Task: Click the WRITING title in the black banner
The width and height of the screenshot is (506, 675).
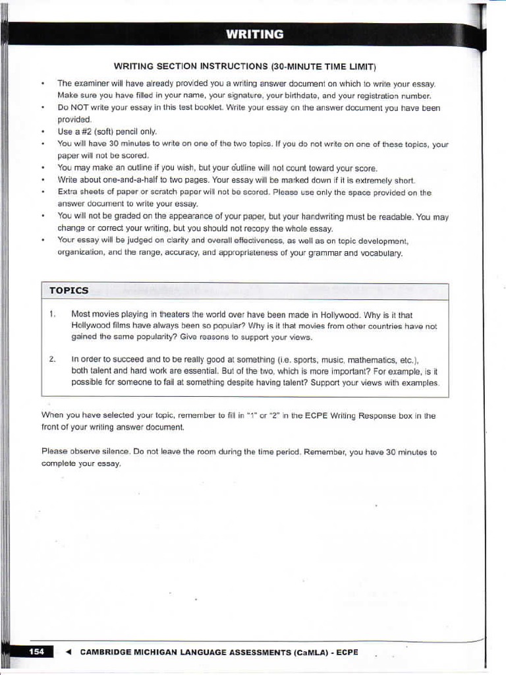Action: pyautogui.click(x=254, y=34)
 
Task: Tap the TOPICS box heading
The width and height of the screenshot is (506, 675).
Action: pyautogui.click(x=69, y=290)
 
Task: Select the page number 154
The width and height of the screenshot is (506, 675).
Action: pyautogui.click(x=37, y=652)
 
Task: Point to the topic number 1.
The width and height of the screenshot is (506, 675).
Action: pyautogui.click(x=51, y=314)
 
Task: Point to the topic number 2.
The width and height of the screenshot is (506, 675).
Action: pyautogui.click(x=51, y=359)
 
